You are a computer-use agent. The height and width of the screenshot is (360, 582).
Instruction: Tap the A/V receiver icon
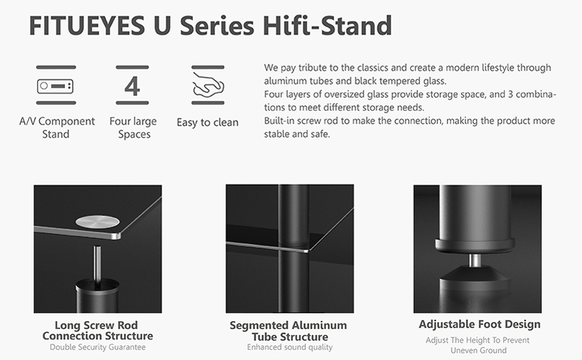pyautogui.click(x=56, y=86)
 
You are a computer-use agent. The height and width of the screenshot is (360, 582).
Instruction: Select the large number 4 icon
pyautogui.click(x=132, y=86)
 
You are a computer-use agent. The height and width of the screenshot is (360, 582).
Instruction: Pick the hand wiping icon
pyautogui.click(x=208, y=86)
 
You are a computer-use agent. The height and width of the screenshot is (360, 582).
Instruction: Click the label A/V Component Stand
pyautogui.click(x=56, y=127)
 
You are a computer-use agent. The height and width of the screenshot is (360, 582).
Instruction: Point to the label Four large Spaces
pyautogui.click(x=133, y=127)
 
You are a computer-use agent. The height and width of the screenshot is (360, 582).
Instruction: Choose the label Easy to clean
pyautogui.click(x=208, y=122)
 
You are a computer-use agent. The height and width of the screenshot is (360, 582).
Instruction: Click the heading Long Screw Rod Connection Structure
pyautogui.click(x=97, y=331)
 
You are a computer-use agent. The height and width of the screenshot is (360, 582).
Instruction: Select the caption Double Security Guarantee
pyautogui.click(x=97, y=347)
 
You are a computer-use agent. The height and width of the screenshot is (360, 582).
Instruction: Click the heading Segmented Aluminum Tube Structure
pyautogui.click(x=289, y=331)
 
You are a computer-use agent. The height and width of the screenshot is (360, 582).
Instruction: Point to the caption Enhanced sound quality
pyautogui.click(x=289, y=347)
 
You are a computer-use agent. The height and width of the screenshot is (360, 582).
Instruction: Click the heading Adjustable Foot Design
pyautogui.click(x=479, y=325)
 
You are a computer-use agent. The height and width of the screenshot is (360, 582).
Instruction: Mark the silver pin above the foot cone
pyautogui.click(x=475, y=261)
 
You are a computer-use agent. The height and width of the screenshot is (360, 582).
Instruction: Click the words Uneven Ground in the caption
pyautogui.click(x=479, y=350)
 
